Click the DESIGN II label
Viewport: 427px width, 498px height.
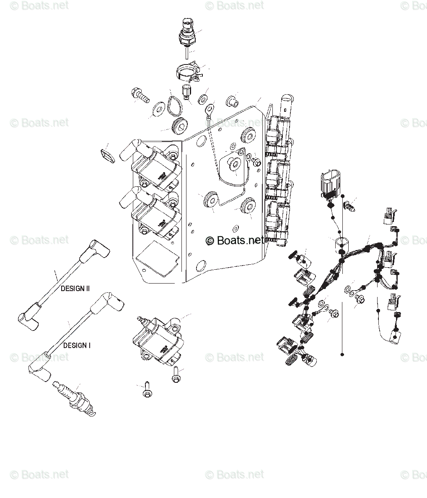pos(75,289)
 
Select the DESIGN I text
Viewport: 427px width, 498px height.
pos(77,346)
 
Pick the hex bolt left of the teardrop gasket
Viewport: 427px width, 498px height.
pos(140,95)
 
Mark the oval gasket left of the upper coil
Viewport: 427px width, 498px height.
pos(107,155)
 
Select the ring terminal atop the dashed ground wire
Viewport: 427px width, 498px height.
pos(207,110)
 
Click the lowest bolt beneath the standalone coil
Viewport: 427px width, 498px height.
pos(147,390)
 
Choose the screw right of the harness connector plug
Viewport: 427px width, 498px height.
pos(349,206)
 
